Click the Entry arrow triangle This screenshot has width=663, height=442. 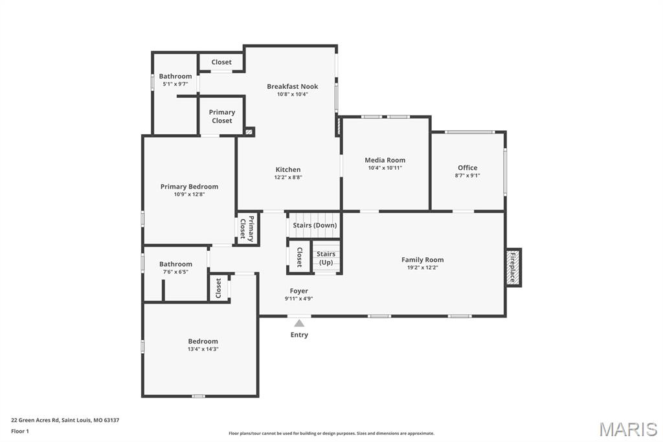[x=299, y=323]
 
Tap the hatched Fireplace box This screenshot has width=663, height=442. [x=513, y=268]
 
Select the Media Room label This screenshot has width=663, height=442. [x=385, y=160]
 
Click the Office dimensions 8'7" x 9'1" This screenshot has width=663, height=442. [x=467, y=175]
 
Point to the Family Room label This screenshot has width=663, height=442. [x=422, y=260]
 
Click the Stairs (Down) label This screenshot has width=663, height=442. [x=315, y=226]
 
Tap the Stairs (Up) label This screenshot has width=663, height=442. [x=326, y=258]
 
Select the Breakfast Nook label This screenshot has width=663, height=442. [x=293, y=86]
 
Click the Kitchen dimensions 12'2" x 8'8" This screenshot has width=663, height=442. [x=288, y=178]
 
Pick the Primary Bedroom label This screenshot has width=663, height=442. [x=190, y=187]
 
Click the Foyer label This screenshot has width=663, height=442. [x=299, y=291]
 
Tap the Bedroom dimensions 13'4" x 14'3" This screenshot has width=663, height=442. [x=203, y=349]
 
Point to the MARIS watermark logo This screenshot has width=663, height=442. [x=628, y=429]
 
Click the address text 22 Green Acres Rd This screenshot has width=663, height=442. [x=35, y=421]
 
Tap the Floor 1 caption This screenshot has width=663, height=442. [x=20, y=432]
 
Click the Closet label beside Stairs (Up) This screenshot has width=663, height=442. [x=299, y=257]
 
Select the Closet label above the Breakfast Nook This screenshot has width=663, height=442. [x=221, y=62]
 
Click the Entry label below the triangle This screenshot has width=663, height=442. [x=299, y=335]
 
